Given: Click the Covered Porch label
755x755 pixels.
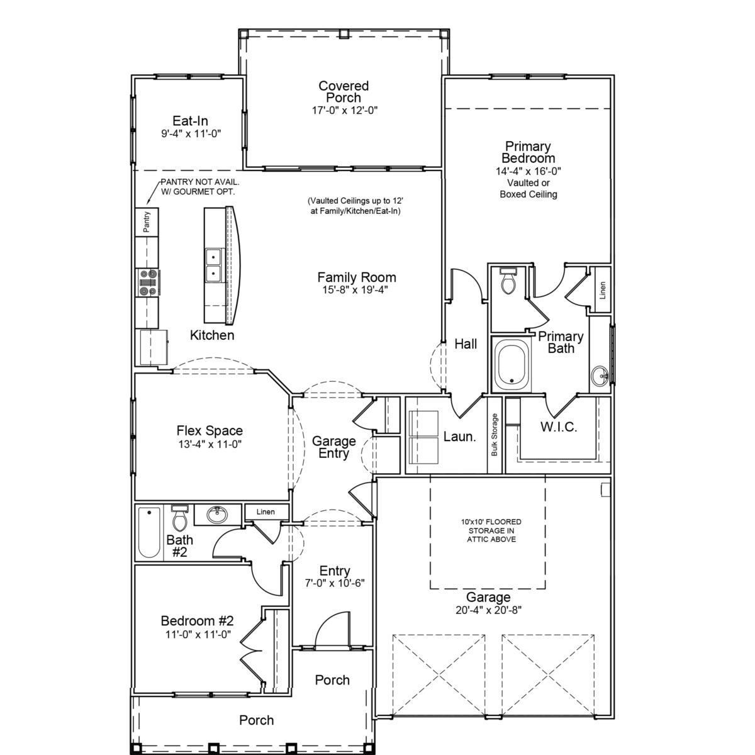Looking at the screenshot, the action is (344, 92).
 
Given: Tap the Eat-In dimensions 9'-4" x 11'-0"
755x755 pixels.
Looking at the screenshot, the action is (191, 134).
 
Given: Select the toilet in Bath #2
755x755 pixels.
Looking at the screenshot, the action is (180, 518).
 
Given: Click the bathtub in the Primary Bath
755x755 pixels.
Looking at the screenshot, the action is (511, 364).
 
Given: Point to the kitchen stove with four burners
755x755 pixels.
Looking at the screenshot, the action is (147, 282).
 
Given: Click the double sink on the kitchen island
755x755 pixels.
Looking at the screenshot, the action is (213, 265).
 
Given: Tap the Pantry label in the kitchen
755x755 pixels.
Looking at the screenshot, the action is (147, 221).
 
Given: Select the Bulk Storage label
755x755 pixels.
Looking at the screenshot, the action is (494, 435).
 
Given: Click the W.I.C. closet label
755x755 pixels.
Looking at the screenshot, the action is (559, 427).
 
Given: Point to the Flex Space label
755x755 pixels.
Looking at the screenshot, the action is (210, 430).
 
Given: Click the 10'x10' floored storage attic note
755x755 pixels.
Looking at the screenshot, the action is (491, 530).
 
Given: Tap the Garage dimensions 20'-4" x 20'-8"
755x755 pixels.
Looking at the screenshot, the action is (489, 610).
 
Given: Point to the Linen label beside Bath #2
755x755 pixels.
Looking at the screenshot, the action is (266, 512).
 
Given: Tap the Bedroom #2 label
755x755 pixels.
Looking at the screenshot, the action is (198, 620).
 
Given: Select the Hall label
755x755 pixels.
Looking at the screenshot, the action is (466, 344).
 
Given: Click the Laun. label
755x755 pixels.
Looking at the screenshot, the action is (459, 437).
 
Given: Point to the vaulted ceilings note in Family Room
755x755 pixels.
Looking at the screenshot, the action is (355, 206).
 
